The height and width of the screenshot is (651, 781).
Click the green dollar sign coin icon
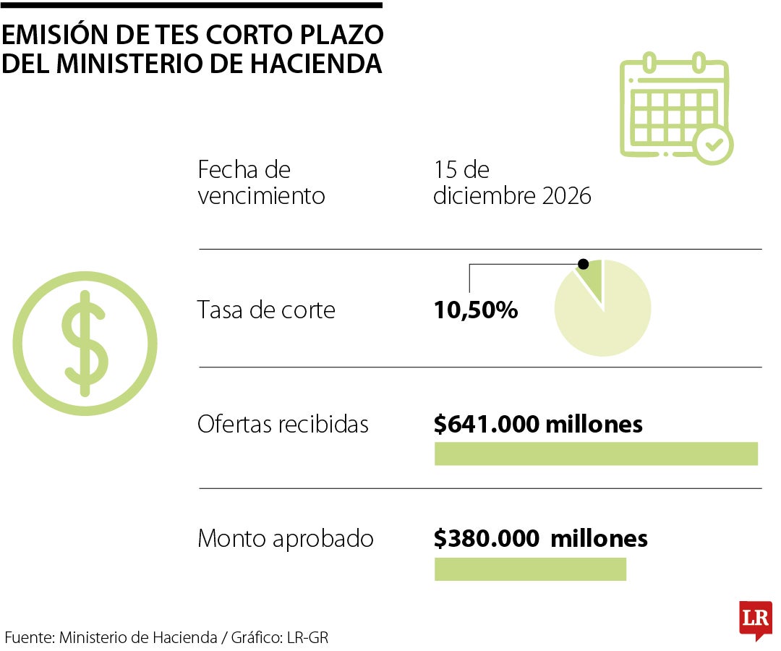coord(85,343)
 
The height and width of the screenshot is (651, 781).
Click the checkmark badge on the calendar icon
coord(713,145)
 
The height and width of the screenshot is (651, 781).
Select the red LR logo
coord(755,619)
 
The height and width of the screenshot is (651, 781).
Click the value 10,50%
coord(476,311)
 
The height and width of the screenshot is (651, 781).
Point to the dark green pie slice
coord(592,278)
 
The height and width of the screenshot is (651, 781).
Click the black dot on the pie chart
coord(582,264)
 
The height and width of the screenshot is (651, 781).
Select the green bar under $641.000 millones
coord(596,454)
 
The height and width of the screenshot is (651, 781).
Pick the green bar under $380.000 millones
coord(530,569)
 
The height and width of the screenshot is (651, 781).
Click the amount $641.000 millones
coord(538,424)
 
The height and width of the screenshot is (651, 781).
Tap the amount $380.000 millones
coord(540,539)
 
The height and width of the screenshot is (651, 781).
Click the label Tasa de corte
coord(266,310)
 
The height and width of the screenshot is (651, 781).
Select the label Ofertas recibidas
coord(283,424)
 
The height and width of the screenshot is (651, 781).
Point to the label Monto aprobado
coord(286,539)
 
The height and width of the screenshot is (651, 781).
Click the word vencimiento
coord(261,196)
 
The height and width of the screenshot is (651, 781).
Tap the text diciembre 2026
coord(512,196)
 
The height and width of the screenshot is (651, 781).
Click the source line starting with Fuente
coord(171,637)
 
